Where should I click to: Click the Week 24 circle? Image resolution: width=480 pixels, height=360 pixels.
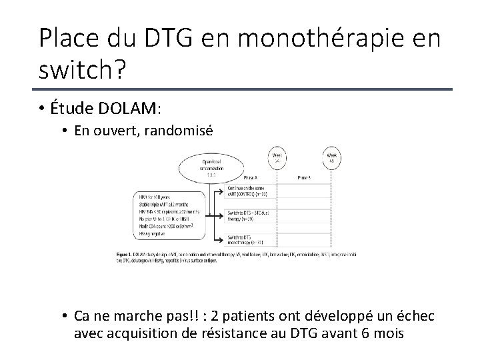point(275,157)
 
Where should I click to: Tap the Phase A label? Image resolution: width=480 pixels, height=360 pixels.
point(250,178)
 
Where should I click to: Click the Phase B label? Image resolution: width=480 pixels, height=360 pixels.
point(303,178)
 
